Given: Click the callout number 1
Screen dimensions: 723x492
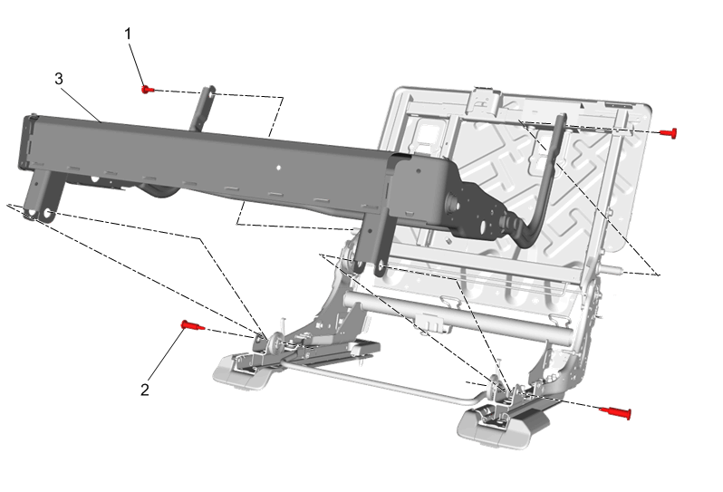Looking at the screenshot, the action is pos(128,34).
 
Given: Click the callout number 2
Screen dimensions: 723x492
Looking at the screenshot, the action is pos(145,390).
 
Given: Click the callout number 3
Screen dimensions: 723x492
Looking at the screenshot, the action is pos(59,79).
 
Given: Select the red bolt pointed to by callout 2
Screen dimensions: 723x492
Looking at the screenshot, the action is pos(193,325).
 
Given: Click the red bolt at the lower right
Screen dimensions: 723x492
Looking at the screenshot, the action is pos(615,411).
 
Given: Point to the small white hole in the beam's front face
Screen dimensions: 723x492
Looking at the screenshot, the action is pos(278,169).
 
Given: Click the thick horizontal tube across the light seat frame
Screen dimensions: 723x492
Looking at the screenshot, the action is pos(458,317).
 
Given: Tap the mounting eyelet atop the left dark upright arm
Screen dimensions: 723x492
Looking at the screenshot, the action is pos(211,93).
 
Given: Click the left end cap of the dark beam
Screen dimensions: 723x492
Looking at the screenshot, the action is pos(27,142).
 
